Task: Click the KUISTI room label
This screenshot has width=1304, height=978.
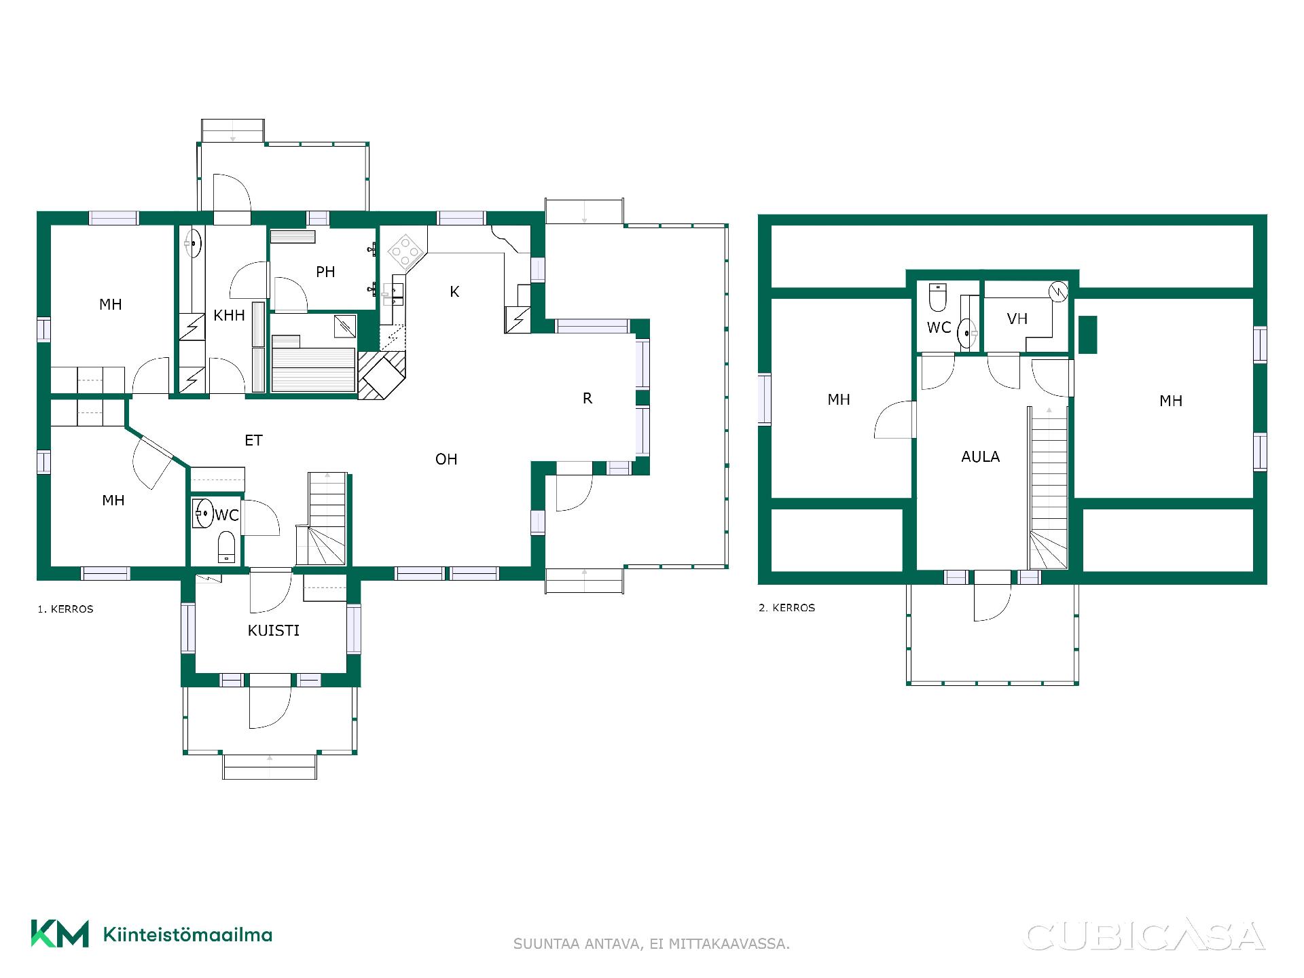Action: (274, 630)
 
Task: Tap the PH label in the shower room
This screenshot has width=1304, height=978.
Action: (325, 272)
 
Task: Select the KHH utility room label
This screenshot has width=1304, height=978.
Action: (229, 315)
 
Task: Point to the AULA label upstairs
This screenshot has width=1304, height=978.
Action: (980, 456)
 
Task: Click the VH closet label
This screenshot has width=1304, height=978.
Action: (1017, 319)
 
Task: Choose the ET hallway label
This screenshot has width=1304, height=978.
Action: (253, 440)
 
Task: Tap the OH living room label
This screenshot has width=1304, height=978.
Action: (446, 459)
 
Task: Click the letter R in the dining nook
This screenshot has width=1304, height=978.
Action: (587, 398)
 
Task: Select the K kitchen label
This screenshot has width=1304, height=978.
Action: (454, 291)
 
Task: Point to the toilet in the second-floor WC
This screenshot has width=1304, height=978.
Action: (938, 297)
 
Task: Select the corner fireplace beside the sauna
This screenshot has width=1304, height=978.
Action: (382, 375)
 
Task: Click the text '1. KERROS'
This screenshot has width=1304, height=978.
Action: (65, 609)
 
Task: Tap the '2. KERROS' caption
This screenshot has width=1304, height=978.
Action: (786, 608)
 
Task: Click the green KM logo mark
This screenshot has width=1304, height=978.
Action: (60, 934)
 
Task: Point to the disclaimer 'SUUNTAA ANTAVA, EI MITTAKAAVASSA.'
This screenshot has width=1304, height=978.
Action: (651, 944)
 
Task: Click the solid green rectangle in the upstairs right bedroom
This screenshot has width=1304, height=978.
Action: (1087, 335)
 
